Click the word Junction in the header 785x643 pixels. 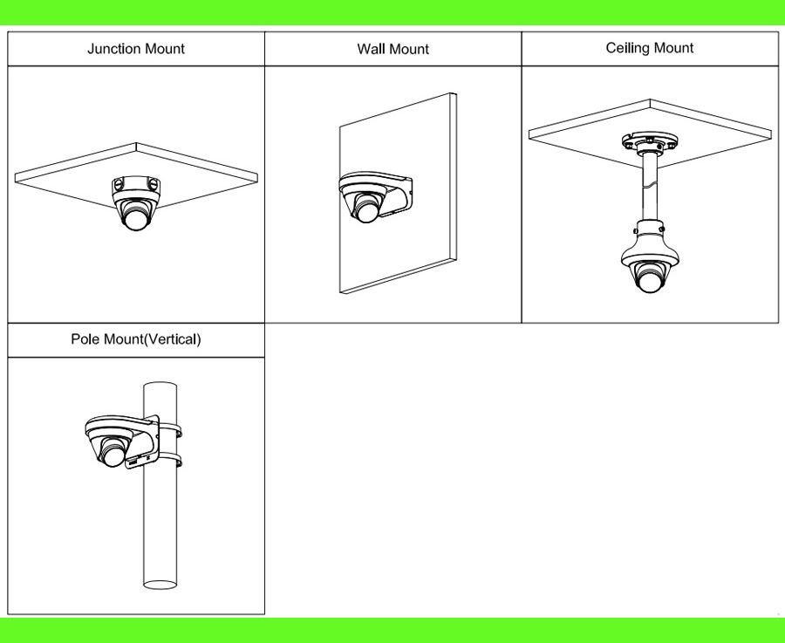(x=113, y=49)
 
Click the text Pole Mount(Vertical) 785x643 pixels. (x=136, y=339)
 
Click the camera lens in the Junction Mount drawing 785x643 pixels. (x=136, y=218)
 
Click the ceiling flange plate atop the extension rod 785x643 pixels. (x=650, y=141)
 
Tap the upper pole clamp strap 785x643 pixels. (x=170, y=429)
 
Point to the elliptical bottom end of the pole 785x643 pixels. (x=160, y=585)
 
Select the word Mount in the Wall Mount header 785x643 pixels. (x=407, y=49)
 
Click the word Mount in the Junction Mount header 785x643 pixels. (x=163, y=49)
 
